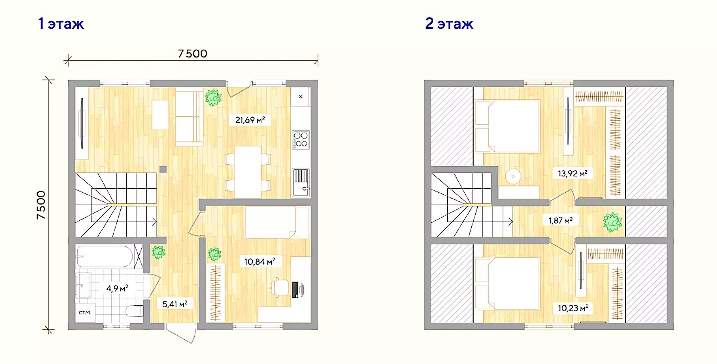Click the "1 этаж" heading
(x=61, y=24)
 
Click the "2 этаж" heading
(x=449, y=24)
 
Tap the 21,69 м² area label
(x=250, y=120)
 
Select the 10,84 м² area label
(x=260, y=261)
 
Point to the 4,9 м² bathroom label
(x=117, y=288)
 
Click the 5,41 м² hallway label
(x=175, y=304)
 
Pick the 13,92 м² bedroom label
(x=572, y=173)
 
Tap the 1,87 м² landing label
(x=561, y=220)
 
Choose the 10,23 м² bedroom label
(x=573, y=308)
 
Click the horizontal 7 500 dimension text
(x=193, y=54)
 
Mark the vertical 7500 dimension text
(x=41, y=205)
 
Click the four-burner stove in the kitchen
(x=301, y=140)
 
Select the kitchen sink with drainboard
(x=301, y=183)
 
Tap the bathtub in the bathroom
(x=105, y=256)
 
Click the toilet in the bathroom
(x=134, y=311)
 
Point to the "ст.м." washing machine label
(x=85, y=312)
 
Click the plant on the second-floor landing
(x=612, y=222)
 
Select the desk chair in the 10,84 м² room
(x=280, y=288)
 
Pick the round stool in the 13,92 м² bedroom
(x=513, y=176)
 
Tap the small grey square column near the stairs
(x=163, y=169)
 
